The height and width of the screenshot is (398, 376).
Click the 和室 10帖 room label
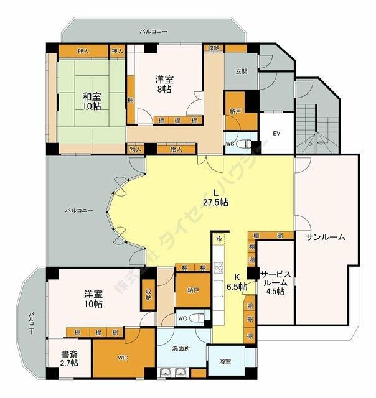pyautogui.click(x=92, y=101)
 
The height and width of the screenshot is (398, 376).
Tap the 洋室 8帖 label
pyautogui.click(x=165, y=84)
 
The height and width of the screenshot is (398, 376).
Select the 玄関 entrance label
pyautogui.click(x=241, y=71)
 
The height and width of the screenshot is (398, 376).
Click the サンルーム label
pyautogui.click(x=325, y=238)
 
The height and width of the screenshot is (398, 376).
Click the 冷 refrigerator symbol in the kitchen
pyautogui.click(x=219, y=239)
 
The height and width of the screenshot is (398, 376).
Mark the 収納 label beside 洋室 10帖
pyautogui.click(x=149, y=294)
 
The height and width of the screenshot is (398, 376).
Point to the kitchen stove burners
pyautogui.click(x=219, y=269)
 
